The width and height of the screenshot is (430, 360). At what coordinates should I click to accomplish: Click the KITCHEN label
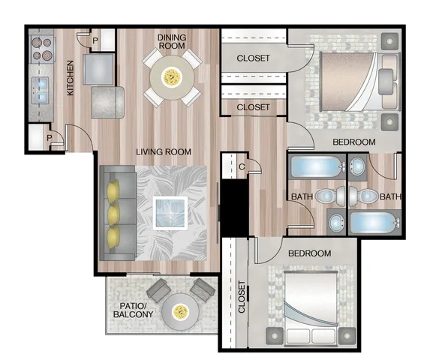point(71,78)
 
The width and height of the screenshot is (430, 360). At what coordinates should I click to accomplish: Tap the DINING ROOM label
point(172,41)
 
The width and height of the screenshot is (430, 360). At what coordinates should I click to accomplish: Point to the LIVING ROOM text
point(164,151)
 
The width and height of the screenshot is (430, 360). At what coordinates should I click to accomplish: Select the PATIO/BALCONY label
point(134,310)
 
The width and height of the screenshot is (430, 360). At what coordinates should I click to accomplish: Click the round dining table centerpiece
point(172,76)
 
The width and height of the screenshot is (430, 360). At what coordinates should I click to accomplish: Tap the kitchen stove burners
point(42,49)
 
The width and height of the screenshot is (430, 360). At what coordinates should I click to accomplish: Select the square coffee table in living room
point(170,213)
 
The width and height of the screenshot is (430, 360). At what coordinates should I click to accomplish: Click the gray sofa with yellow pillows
point(117,212)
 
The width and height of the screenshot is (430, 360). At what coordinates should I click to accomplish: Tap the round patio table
point(180,312)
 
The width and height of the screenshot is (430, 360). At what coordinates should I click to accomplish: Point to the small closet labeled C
point(234,166)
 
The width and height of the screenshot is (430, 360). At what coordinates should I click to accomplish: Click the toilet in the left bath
point(330,196)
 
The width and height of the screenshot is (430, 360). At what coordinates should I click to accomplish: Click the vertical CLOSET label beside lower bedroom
point(242,297)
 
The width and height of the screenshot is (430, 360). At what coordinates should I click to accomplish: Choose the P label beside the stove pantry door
point(95,40)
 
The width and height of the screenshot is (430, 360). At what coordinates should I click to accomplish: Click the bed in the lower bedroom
point(311,308)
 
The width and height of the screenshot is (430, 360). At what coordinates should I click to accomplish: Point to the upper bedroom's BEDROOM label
point(354,142)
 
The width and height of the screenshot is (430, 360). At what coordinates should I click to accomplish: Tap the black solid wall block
point(235,208)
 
